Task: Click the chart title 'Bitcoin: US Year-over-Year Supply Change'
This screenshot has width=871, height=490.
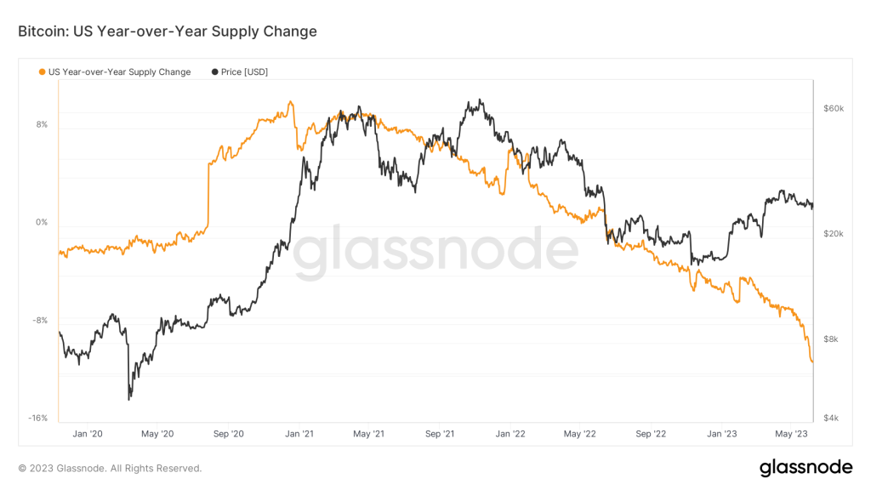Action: pyautogui.click(x=168, y=31)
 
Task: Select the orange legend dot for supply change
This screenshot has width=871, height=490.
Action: pyautogui.click(x=43, y=72)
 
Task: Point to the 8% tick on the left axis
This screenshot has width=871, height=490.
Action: pyautogui.click(x=42, y=124)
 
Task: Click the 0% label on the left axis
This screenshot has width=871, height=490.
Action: pyautogui.click(x=42, y=223)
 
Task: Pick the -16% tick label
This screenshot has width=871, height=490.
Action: pyautogui.click(x=38, y=418)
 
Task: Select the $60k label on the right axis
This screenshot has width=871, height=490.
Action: pyautogui.click(x=833, y=109)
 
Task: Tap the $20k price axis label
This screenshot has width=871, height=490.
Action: pyautogui.click(x=833, y=234)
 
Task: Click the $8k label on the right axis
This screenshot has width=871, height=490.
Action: pyautogui.click(x=831, y=339)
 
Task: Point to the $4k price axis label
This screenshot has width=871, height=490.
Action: pyautogui.click(x=831, y=418)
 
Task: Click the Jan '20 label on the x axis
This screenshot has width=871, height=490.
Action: pyautogui.click(x=88, y=433)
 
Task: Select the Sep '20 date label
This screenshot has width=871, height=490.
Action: pyautogui.click(x=228, y=433)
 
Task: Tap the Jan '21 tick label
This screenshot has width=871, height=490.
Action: pyautogui.click(x=299, y=433)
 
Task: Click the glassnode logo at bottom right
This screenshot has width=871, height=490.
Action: pyautogui.click(x=805, y=467)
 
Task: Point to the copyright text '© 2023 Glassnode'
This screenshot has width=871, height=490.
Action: pyautogui.click(x=110, y=468)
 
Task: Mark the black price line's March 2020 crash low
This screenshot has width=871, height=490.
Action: pyautogui.click(x=129, y=398)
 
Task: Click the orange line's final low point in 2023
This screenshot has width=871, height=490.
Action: pyautogui.click(x=812, y=362)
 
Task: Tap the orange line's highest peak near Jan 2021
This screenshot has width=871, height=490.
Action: pyautogui.click(x=291, y=102)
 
